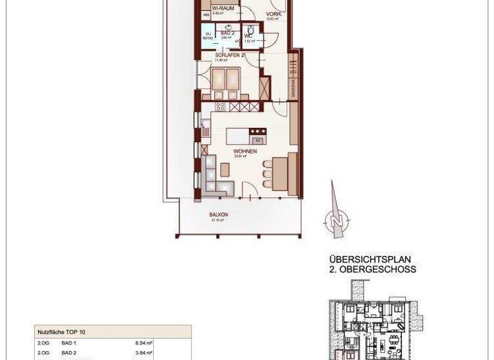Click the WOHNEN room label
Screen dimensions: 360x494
[246, 152]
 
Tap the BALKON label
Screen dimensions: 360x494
[219, 215]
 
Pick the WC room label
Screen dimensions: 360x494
[249, 37]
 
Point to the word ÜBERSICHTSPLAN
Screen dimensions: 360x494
[369, 260]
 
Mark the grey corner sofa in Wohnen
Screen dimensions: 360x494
[215, 178]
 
